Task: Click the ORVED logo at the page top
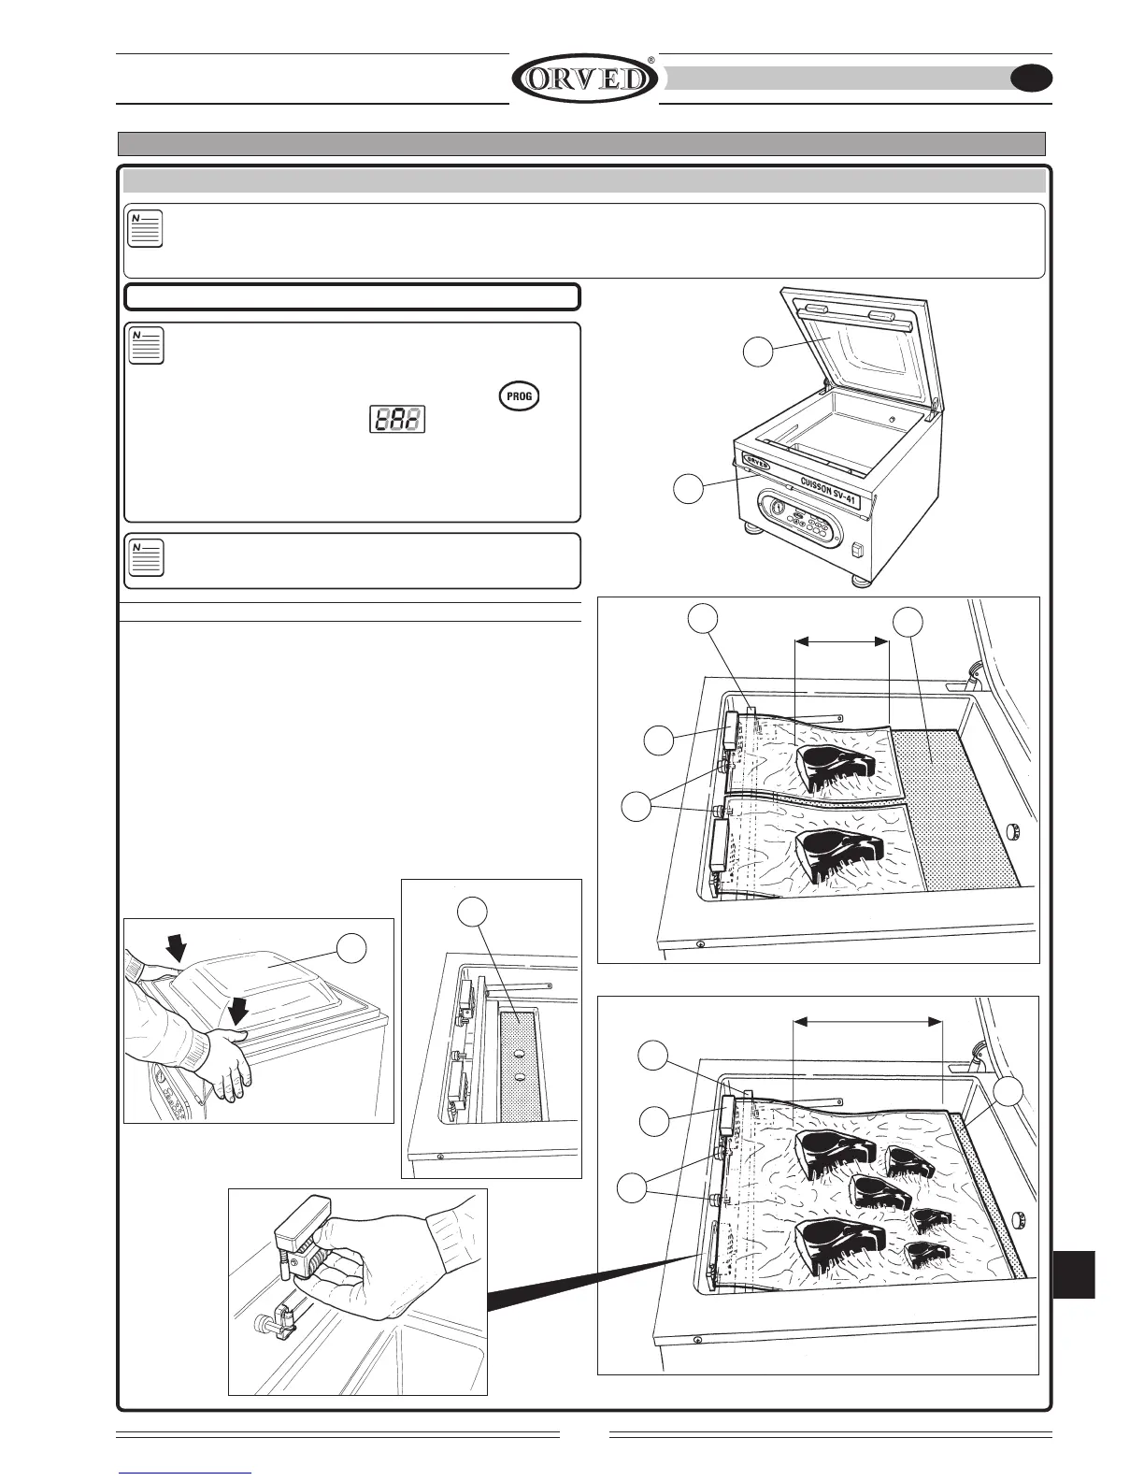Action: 584,79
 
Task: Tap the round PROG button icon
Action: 520,395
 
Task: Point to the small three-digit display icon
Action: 396,419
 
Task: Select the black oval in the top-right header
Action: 1032,79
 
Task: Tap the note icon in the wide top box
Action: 145,229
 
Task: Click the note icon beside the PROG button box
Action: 146,345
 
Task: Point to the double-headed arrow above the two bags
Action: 840,641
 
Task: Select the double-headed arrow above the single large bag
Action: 866,1022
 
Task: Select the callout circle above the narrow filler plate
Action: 473,913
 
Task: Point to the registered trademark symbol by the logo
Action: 651,61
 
